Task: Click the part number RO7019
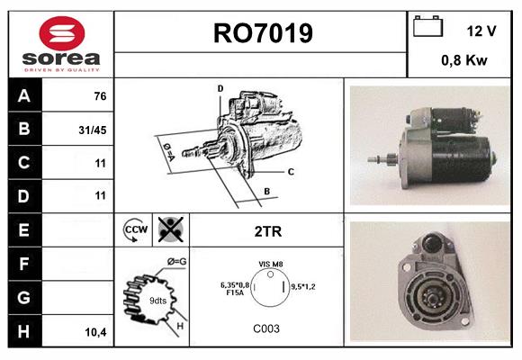pyautogui.click(x=262, y=33)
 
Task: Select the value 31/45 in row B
pyautogui.click(x=92, y=130)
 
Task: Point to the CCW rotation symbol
pyautogui.click(x=134, y=231)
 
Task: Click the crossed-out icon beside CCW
pyautogui.click(x=169, y=230)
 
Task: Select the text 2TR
pyautogui.click(x=267, y=231)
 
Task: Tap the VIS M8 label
pyautogui.click(x=271, y=263)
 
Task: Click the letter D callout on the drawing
pyautogui.click(x=220, y=88)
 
